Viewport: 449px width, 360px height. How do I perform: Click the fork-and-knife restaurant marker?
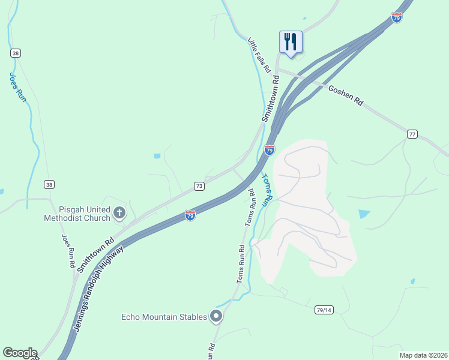291,42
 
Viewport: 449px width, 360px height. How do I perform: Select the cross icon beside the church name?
119,212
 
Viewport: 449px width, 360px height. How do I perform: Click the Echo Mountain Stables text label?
164,316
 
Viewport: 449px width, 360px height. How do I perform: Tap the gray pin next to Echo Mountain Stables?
217,316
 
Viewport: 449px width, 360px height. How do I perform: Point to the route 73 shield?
199,187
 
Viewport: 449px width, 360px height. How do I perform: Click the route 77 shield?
411,133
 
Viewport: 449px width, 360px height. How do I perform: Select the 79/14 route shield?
324,310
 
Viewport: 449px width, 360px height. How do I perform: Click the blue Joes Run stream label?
18,87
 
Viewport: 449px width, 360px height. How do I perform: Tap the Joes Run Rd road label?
67,251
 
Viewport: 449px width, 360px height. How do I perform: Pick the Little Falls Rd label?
259,55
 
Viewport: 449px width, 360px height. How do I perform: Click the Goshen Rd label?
346,95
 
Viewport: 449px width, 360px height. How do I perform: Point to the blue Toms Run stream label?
268,190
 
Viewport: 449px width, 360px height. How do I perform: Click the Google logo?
20,353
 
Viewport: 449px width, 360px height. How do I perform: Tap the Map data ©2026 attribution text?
423,355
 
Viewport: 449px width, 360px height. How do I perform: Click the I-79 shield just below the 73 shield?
190,215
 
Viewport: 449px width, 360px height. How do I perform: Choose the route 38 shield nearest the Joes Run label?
15,53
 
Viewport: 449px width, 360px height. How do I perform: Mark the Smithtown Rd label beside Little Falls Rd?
271,98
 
